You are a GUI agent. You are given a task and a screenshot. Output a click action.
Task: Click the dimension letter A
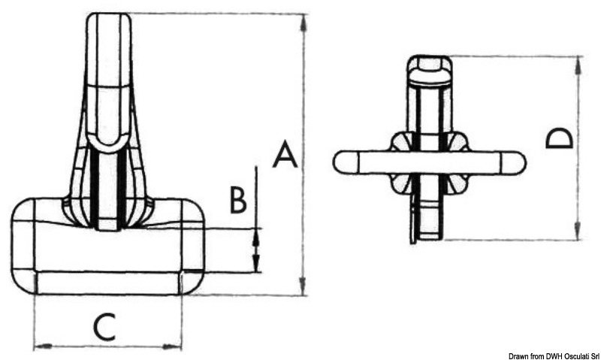285,155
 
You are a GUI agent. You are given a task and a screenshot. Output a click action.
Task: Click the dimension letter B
237,199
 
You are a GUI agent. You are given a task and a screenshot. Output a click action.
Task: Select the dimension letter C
104,327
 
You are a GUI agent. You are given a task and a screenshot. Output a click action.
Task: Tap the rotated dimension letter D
559,138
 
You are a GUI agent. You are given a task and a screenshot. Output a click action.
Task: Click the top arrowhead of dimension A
304,23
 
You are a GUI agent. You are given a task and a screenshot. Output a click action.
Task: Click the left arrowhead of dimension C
43,346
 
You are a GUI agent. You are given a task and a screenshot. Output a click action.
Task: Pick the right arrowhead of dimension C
172,346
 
